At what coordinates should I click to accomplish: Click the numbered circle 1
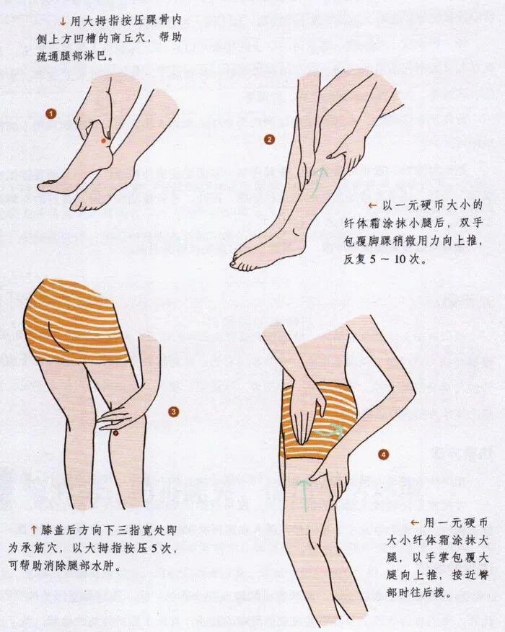coord(50,114)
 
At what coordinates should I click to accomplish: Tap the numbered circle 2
coord(269,140)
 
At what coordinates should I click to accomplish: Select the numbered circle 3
coord(173,411)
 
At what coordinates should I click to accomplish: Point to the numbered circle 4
coord(384,455)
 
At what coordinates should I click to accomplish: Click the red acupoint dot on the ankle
coord(103,141)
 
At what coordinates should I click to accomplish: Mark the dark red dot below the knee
coord(115,433)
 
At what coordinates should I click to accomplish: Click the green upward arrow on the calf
coord(318,182)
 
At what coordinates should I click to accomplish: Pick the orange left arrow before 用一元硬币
coord(415,522)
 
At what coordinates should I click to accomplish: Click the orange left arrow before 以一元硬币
coord(372,205)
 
